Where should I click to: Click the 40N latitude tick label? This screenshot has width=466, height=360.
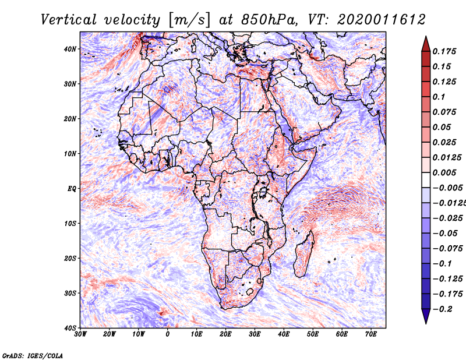point(70,49)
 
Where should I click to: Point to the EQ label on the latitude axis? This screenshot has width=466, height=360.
point(72,189)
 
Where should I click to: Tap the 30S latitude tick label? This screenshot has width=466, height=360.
point(70,293)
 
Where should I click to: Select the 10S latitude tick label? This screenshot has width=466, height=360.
point(70,223)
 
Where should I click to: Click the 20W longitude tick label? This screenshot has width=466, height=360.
point(110,334)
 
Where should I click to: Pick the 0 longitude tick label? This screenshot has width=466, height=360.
point(168,334)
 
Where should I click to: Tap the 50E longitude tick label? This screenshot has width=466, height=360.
point(313,334)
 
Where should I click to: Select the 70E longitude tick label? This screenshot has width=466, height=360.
point(371,334)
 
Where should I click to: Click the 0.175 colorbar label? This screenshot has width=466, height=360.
point(444,51)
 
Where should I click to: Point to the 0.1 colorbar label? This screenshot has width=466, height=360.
point(439,97)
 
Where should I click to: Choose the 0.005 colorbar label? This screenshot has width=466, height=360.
point(444,172)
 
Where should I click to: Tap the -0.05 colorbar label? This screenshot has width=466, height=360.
point(445,234)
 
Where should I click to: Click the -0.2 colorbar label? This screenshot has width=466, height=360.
point(442,309)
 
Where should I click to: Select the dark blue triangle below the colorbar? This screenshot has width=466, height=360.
point(426,316)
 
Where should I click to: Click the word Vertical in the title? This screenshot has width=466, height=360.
point(68,20)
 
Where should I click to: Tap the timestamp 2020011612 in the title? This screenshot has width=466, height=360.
point(382,20)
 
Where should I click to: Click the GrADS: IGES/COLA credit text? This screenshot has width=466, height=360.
point(33,356)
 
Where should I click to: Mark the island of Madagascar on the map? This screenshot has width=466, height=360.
point(304,253)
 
